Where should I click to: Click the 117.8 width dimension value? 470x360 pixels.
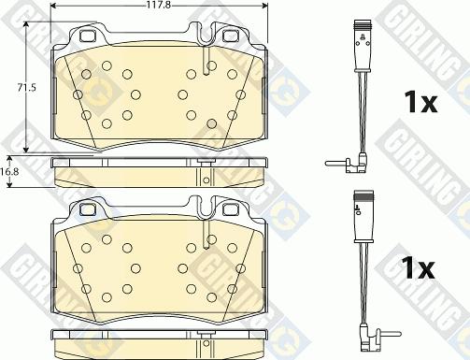point(159,5)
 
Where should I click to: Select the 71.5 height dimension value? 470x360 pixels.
point(26,88)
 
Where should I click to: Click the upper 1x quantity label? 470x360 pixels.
point(420,102)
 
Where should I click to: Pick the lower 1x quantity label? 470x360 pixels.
point(418,267)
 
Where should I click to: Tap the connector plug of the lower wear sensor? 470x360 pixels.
point(363,217)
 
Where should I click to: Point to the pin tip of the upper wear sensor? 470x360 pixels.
point(327,163)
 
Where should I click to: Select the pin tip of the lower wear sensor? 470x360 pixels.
point(399,334)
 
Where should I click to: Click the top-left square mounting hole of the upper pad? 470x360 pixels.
point(87,36)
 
